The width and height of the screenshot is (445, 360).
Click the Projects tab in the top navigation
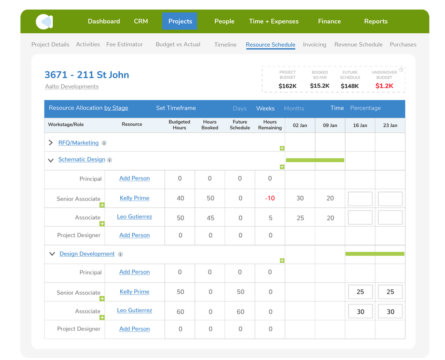(180, 21)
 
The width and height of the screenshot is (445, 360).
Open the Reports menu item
(376, 21)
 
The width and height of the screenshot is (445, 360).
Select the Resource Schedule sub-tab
(270, 44)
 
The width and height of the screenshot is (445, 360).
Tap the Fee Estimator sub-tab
(124, 44)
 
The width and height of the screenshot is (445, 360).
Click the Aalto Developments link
(72, 86)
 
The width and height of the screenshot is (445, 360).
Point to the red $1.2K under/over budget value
(384, 86)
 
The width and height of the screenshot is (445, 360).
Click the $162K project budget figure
(287, 86)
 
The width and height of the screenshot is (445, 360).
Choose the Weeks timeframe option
(265, 108)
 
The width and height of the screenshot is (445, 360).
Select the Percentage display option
(365, 108)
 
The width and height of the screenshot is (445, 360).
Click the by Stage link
(116, 108)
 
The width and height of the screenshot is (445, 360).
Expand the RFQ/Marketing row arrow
(51, 143)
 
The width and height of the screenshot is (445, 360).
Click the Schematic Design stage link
(82, 159)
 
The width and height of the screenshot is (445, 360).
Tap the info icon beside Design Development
(120, 254)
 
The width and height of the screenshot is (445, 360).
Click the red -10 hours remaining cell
(270, 198)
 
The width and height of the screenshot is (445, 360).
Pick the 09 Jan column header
(330, 125)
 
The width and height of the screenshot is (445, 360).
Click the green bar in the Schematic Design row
(315, 160)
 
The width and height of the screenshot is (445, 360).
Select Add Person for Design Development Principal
(134, 272)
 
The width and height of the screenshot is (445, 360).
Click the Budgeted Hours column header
(179, 125)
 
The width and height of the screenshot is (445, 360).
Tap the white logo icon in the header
(44, 22)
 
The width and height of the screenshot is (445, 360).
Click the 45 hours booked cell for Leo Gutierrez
(210, 218)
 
